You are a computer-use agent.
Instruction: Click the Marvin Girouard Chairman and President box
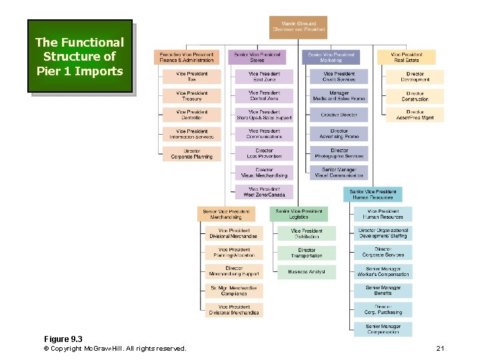(299, 27)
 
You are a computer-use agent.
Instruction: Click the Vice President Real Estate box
(406, 57)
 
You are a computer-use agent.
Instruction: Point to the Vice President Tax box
(192, 77)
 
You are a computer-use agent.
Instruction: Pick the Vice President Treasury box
(192, 96)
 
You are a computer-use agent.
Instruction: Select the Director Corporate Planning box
(192, 154)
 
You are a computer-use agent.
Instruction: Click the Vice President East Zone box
(264, 77)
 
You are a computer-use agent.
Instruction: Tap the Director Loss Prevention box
(264, 153)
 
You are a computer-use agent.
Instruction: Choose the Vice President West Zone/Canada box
(264, 192)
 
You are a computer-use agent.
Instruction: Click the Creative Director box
(339, 115)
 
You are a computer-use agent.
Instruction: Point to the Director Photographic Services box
(339, 153)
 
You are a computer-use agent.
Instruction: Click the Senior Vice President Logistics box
(299, 214)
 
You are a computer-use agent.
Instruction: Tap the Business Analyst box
(307, 272)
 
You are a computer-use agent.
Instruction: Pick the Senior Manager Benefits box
(383, 291)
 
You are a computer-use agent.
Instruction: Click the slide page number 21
(439, 349)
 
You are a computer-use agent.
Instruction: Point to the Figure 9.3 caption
(63, 339)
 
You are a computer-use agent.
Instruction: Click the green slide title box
(79, 56)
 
